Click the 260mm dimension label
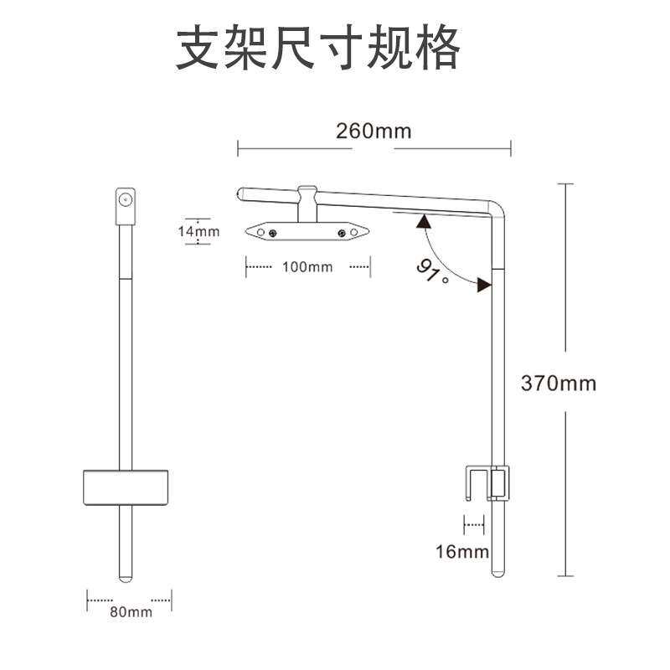coord(374,131)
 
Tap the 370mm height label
coord(559,384)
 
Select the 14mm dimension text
coord(198,231)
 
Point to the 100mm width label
coord(307,267)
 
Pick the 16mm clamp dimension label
coord(462,552)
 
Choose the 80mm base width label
coord(131,612)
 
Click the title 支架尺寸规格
coord(318,49)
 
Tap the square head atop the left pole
coord(125,200)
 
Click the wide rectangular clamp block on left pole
coord(126,487)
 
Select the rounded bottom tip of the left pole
coord(125,578)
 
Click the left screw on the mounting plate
coord(272,232)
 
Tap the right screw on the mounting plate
coord(342,232)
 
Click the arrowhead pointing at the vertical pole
coord(483,286)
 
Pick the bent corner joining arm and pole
coord(498,206)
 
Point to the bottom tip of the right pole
coord(497,575)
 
